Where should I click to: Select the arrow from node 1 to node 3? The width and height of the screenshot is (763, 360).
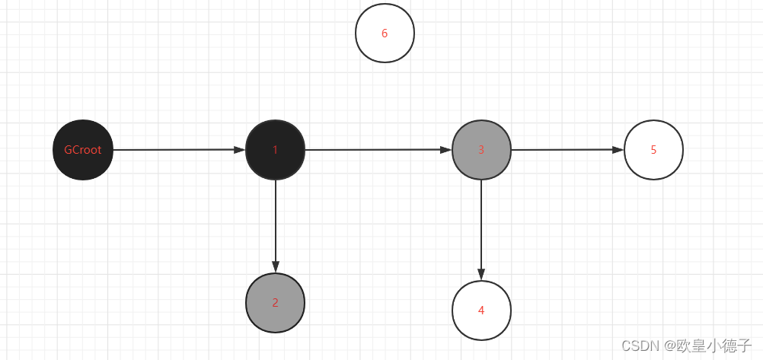pos(378,150)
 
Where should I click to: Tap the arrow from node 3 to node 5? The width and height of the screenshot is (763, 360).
pos(567,150)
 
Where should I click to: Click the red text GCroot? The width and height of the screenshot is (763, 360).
pos(83,150)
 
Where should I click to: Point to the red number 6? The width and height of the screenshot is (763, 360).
pos(385,33)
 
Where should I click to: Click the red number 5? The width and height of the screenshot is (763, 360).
pos(653,150)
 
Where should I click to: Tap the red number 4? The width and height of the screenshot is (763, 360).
pos(481,311)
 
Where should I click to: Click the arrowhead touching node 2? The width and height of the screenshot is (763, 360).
pos(276,267)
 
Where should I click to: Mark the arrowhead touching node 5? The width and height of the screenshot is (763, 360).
pos(618,150)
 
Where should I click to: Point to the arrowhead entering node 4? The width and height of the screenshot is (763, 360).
pos(481,275)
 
